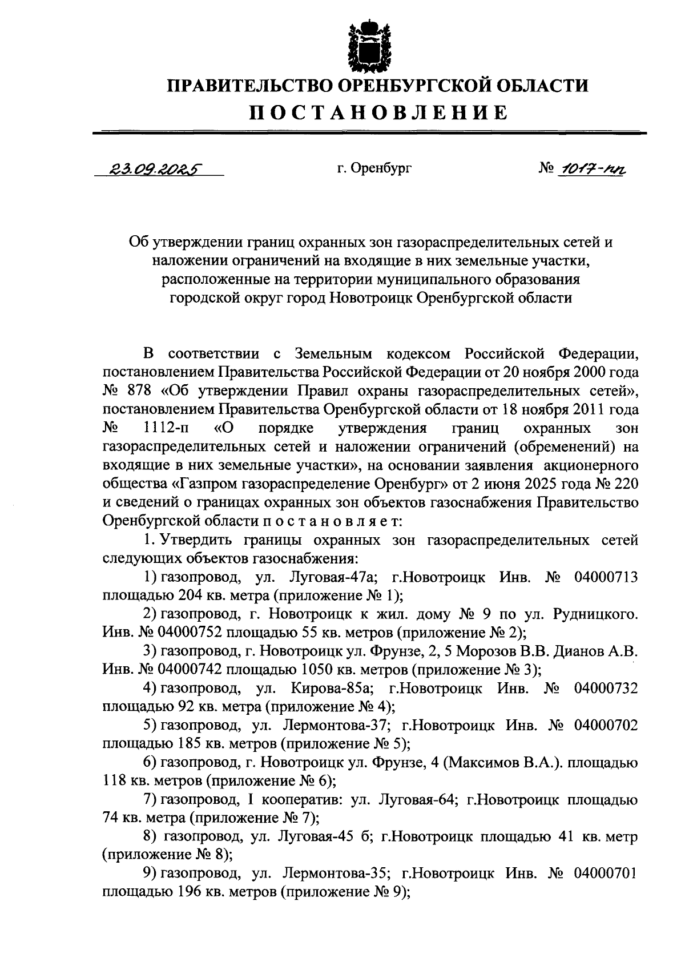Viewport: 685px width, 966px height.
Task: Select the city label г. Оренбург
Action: point(373,168)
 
